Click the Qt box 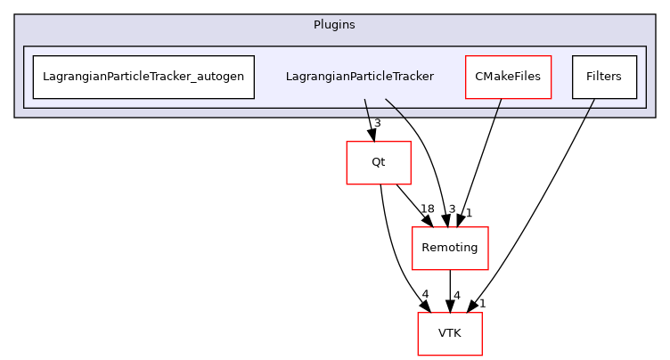379,163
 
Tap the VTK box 450,333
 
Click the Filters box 603,77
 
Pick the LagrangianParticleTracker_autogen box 143,77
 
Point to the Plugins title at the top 334,24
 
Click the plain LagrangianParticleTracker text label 359,77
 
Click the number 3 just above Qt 378,123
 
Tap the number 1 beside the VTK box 482,304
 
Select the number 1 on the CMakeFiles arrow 469,212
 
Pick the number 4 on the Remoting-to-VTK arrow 456,295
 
